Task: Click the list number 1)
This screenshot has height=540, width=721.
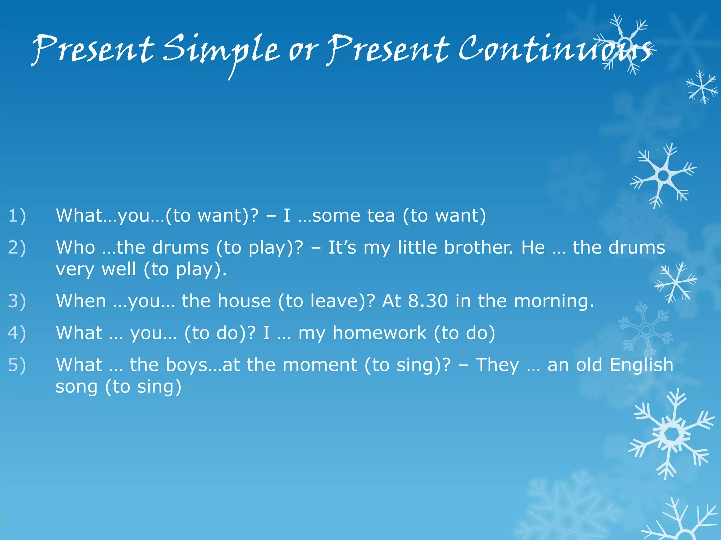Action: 17,216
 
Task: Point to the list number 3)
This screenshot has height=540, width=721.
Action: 17,301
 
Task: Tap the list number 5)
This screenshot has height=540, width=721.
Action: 17,365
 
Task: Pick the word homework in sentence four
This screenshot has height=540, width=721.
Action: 379,333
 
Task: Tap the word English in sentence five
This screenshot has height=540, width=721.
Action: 641,365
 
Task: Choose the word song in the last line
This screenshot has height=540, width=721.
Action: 76,387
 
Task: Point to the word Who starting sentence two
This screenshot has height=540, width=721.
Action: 75,247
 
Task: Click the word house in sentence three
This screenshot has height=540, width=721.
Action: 244,301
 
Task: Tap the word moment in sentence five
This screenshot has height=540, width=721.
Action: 320,365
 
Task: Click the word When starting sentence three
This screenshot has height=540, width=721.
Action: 81,301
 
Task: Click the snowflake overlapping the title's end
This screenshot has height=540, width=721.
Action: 625,44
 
